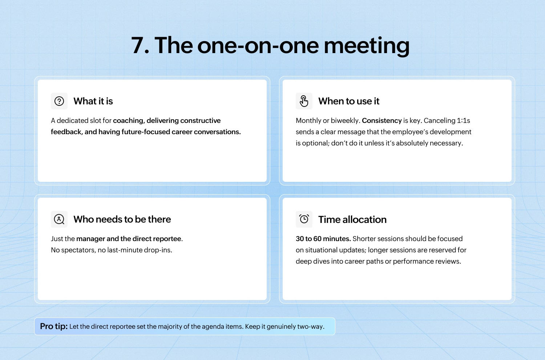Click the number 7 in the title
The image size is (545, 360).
[x=138, y=45]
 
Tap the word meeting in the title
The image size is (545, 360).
[x=366, y=47]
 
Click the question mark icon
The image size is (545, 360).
[x=59, y=101]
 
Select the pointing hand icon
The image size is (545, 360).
[x=304, y=101]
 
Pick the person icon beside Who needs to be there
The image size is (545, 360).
[x=59, y=219]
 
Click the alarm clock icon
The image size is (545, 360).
[x=304, y=219]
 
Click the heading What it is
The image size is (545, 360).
[x=93, y=101]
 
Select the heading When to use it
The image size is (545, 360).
[x=349, y=101]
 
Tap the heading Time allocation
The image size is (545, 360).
[x=352, y=220]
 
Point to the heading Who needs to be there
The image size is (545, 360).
[x=122, y=219]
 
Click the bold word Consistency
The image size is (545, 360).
[x=382, y=121]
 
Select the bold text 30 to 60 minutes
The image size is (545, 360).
[x=323, y=239]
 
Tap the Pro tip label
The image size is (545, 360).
[x=54, y=327]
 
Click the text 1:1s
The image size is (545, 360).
[x=463, y=121]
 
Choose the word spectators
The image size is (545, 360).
[x=78, y=250]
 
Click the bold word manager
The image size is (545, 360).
[x=90, y=239]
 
